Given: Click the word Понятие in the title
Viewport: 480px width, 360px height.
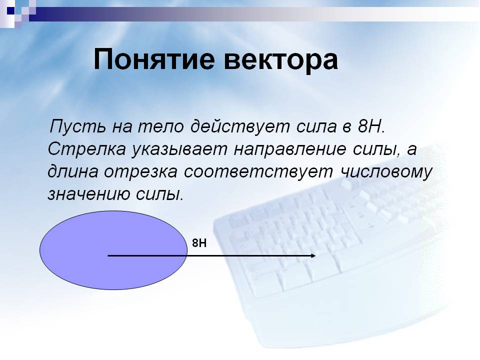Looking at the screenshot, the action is (x=154, y=59).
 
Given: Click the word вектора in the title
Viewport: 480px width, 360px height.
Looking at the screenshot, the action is (x=280, y=60).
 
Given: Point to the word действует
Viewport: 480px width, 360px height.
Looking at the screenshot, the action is (x=240, y=126).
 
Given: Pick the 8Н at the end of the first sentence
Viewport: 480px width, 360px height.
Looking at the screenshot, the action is (x=370, y=126).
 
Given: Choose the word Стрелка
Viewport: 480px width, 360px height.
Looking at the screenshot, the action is (x=86, y=149).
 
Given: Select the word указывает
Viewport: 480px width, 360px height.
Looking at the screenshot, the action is (x=179, y=149).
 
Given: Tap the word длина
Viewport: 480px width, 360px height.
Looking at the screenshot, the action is (x=73, y=171).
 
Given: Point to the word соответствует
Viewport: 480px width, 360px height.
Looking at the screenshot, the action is (x=258, y=171).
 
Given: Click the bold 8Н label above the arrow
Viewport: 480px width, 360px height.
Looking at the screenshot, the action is (x=199, y=243).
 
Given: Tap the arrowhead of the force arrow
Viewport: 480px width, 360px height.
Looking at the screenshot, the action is (x=313, y=255).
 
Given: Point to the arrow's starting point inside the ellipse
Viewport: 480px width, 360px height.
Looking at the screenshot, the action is (x=108, y=255).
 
